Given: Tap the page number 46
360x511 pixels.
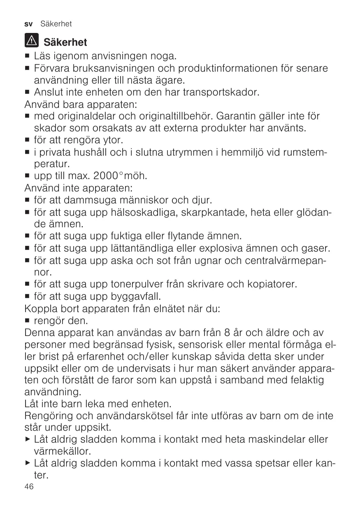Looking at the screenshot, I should point(29,487).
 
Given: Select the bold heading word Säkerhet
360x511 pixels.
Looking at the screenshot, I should point(65,42).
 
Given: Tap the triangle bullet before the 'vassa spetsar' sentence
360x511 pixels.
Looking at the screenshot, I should point(28,463).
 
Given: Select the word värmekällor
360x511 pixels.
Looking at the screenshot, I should point(62,451).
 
